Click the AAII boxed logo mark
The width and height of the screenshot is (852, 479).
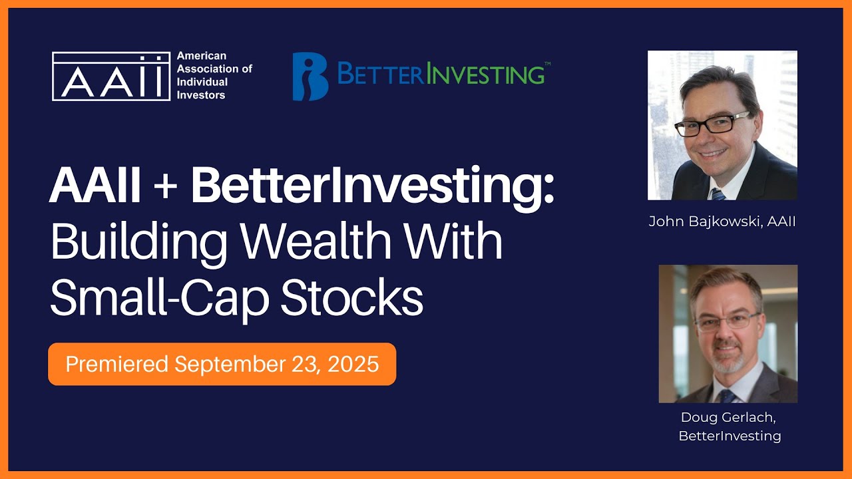pos(111,76)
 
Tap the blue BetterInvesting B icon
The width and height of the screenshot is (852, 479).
pos(310,77)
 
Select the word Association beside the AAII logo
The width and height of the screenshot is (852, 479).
pos(206,69)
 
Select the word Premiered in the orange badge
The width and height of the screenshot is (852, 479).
pos(117,364)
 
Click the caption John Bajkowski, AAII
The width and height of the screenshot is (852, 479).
pos(722,222)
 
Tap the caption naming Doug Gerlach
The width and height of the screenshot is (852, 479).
pos(729,426)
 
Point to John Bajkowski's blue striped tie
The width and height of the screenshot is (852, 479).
pos(717,194)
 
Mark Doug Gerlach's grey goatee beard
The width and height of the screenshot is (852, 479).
pos(728,363)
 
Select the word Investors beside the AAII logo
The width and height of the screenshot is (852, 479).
pos(201,95)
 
